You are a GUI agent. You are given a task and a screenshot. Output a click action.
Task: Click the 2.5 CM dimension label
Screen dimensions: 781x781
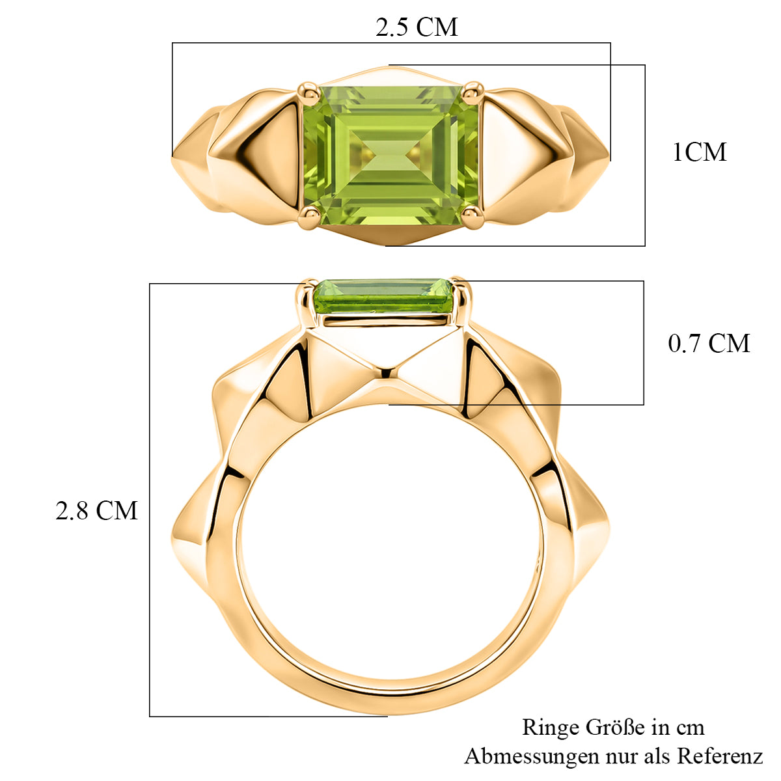click(x=417, y=27)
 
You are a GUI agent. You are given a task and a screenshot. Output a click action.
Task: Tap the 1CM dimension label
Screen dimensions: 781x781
click(x=700, y=152)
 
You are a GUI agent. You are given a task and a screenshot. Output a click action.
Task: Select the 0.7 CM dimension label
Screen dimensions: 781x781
click(x=709, y=344)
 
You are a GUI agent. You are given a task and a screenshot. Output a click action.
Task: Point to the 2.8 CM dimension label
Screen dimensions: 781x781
click(x=96, y=510)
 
